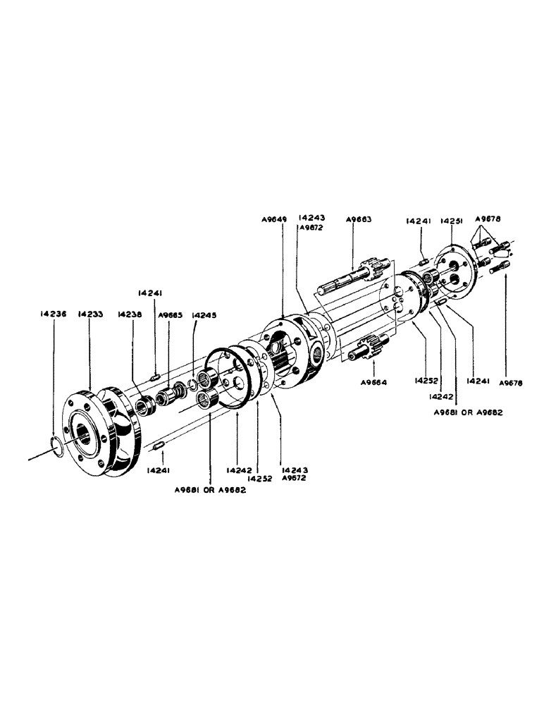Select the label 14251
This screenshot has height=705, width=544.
[451, 221]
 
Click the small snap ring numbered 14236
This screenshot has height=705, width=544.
[57, 446]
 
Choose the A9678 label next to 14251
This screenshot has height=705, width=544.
[486, 219]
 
